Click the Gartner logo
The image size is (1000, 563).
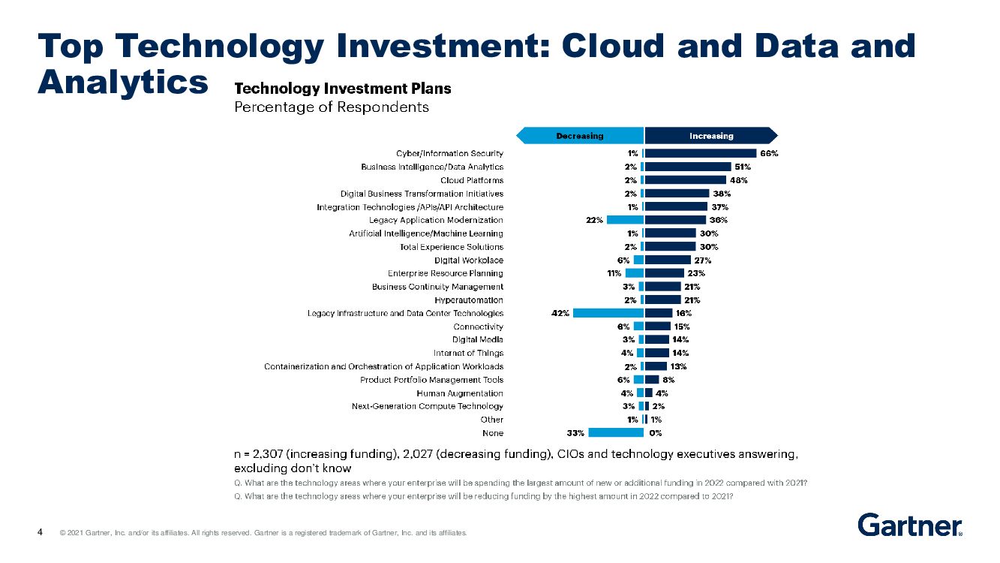[x=910, y=525]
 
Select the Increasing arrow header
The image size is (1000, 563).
[x=710, y=136]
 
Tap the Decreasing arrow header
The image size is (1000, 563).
[x=579, y=136]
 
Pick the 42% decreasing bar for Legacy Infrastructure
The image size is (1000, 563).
[x=608, y=313]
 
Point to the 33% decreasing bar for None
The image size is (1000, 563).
[x=617, y=432]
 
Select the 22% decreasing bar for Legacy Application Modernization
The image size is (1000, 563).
[x=626, y=220]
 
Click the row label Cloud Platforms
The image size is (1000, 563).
[x=472, y=180]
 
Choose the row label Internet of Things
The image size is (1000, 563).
[x=468, y=353]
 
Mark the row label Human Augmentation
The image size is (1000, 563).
[x=460, y=393]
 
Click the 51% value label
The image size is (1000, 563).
[x=743, y=167]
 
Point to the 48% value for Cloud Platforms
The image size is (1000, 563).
[x=738, y=180]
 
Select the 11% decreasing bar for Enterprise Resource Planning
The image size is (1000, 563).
[x=635, y=273]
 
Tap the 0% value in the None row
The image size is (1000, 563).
[x=655, y=433]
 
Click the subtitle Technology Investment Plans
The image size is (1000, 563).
[x=344, y=89]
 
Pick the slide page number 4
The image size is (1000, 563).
[x=40, y=533]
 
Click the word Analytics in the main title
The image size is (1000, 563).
[x=122, y=81]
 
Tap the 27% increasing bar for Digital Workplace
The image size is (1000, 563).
[x=667, y=260]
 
